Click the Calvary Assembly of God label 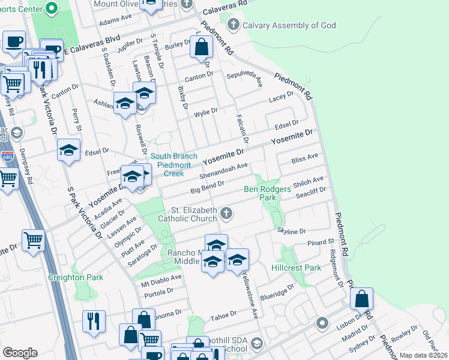289,25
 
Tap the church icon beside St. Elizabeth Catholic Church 226,212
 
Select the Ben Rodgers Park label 268,193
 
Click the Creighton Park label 76,277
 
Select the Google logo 20,353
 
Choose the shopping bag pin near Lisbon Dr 362,299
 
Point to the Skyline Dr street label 292,230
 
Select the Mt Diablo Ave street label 161,278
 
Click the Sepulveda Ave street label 245,77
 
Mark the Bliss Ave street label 304,159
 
